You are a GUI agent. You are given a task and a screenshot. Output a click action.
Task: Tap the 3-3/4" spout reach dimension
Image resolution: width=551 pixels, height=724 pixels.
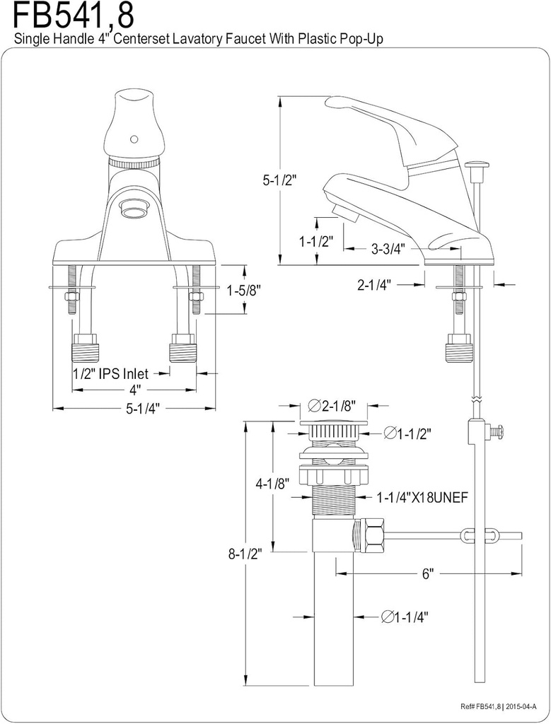click(389, 248)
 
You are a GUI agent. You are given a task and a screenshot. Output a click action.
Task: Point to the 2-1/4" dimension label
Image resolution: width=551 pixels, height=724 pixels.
click(376, 284)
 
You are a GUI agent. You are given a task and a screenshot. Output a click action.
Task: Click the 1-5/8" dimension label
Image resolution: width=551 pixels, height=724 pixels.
click(244, 290)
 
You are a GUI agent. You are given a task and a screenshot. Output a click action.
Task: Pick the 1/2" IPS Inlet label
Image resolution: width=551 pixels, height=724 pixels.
click(110, 373)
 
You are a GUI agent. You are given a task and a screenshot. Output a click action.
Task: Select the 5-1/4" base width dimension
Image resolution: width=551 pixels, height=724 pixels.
click(134, 408)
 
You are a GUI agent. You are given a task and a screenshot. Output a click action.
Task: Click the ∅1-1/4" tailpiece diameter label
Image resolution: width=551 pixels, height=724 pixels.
click(405, 617)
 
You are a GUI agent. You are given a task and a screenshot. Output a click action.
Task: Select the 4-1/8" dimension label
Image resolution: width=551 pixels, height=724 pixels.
click(272, 484)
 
